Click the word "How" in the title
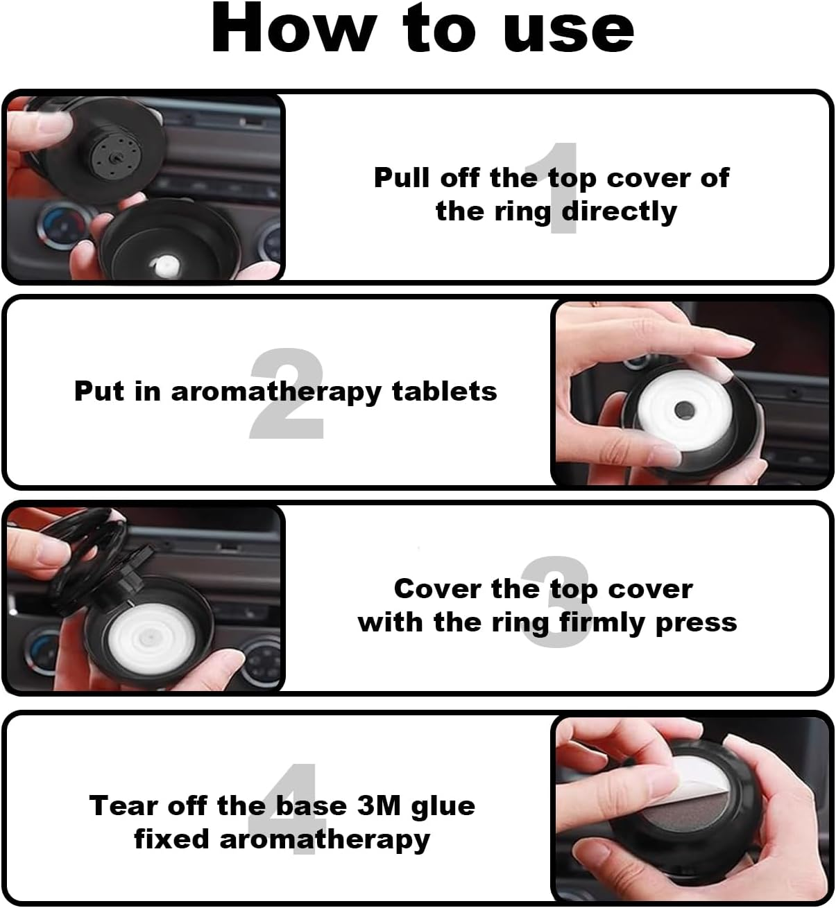294,28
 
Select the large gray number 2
287,393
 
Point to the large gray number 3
556,602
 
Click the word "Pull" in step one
402,177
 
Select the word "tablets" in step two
445,391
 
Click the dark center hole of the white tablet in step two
684,410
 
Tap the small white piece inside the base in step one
167,265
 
